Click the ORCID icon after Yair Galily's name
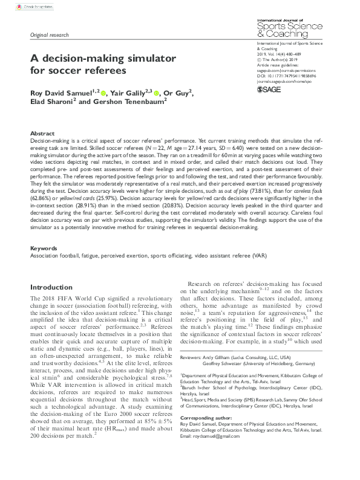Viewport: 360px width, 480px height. pos(155,93)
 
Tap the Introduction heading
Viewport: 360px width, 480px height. pos(55,287)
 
